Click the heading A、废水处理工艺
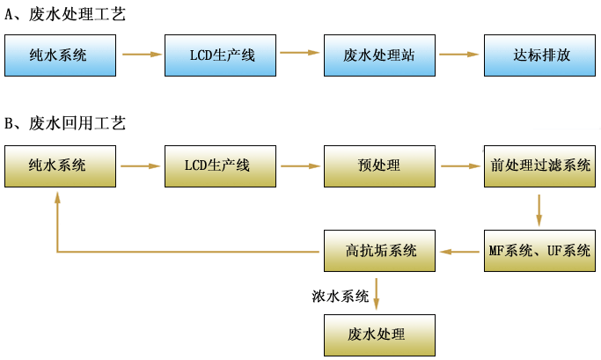click(65, 14)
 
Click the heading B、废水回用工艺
click(65, 123)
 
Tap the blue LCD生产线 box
click(220, 55)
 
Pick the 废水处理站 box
click(380, 55)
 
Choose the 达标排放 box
click(539, 55)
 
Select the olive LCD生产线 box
click(220, 165)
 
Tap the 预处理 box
click(380, 165)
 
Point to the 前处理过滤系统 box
click(539, 165)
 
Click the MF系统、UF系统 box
click(539, 251)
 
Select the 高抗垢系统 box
click(380, 251)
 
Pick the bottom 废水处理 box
click(380, 334)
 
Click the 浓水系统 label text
click(340, 296)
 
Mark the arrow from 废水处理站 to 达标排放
click(459, 55)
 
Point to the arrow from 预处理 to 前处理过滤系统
click(459, 165)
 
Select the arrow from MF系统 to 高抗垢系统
click(459, 252)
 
